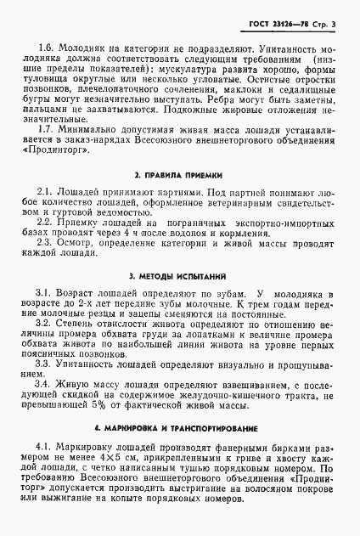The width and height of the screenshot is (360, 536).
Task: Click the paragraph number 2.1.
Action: [x=44, y=192]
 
